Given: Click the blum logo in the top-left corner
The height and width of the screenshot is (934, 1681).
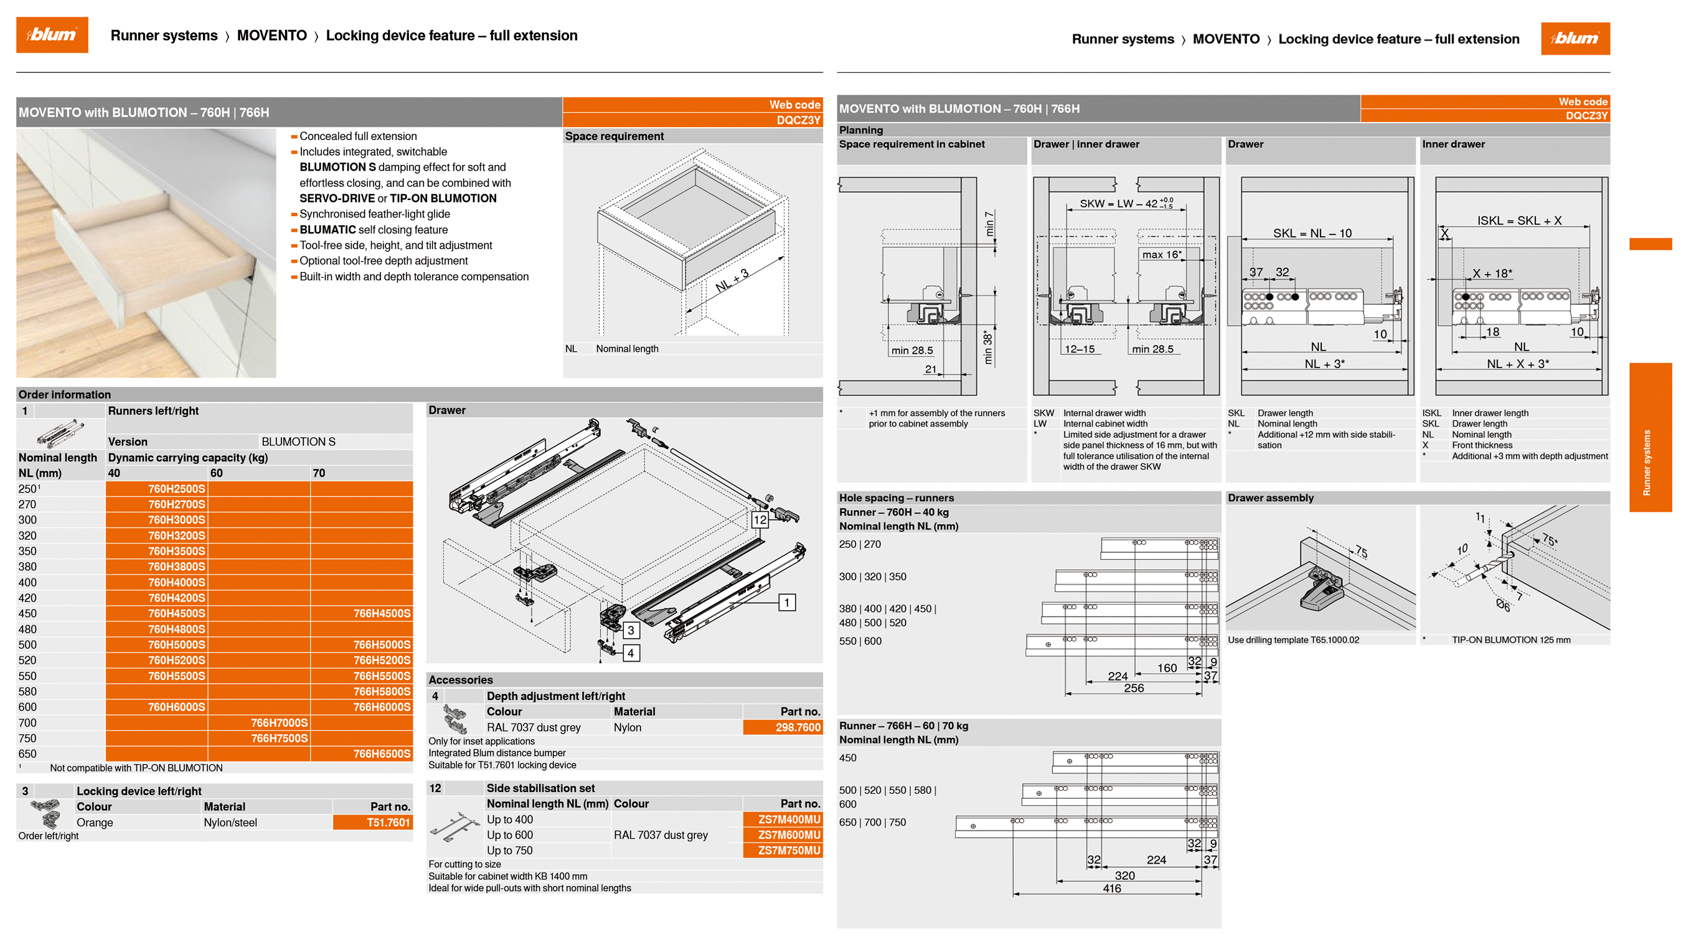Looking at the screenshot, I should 52,35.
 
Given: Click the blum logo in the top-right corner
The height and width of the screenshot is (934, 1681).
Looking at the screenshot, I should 1575,39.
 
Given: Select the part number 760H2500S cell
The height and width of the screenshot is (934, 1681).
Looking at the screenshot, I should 176,489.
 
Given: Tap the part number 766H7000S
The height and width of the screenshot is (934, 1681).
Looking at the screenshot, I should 279,722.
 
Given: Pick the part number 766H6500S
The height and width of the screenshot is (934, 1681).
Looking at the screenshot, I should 381,754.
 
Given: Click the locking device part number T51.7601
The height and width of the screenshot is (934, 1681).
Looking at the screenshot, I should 388,823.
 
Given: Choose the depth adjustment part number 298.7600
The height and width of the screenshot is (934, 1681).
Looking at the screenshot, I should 798,727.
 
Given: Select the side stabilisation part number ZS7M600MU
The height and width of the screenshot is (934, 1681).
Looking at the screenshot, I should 788,835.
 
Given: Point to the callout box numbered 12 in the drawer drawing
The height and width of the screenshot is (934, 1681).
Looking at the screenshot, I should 760,520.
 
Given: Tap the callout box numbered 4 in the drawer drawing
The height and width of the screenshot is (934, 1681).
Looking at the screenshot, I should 630,653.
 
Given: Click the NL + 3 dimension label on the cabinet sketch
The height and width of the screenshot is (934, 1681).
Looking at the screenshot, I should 732,281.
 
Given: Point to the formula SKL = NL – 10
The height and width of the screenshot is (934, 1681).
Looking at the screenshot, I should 1312,233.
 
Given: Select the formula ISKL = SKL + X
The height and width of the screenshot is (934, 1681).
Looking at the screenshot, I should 1519,220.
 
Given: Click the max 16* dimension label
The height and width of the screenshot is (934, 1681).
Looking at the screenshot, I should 1162,255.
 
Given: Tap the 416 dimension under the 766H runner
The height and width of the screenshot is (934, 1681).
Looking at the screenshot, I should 1111,889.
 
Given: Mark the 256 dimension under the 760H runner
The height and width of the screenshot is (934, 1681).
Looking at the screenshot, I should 1134,688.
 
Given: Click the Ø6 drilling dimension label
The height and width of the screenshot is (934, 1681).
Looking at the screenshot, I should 1503,605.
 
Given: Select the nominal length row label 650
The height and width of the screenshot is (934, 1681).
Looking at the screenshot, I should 27,754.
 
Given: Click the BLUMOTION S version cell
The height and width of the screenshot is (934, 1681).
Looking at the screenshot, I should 298,442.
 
